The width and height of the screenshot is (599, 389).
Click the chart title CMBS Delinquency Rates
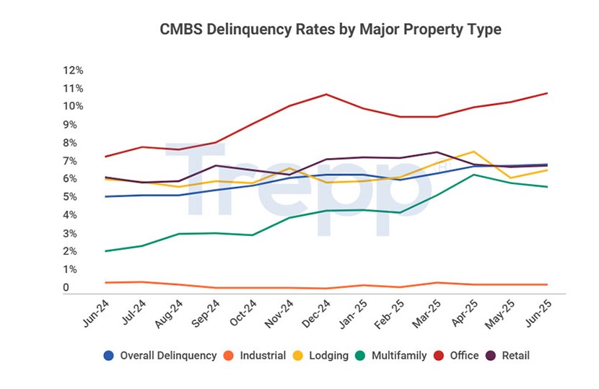tap(330, 30)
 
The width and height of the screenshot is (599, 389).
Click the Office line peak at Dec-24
tap(327, 95)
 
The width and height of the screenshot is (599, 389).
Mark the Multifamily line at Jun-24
tap(106, 251)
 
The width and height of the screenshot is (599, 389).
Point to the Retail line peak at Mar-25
tap(437, 152)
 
